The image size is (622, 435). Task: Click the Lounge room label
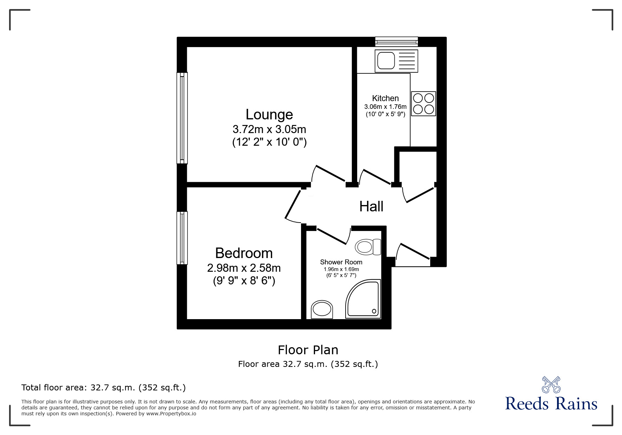coord(269,114)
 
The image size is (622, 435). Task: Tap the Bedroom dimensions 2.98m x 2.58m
coord(244,268)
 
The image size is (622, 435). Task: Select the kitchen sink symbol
coord(396,61)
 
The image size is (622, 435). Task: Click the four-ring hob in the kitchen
coord(423,104)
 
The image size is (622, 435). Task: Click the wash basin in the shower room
coord(322,309)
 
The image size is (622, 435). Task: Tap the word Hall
coord(371,206)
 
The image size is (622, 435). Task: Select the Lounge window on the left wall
coord(182,118)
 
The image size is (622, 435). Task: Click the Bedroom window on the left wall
coord(182,238)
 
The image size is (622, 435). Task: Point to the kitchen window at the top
coord(397,42)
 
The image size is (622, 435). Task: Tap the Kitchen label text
coord(385,98)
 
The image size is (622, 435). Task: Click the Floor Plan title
coord(308,350)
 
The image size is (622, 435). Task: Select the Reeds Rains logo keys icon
coord(551,384)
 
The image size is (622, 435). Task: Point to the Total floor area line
coord(104,388)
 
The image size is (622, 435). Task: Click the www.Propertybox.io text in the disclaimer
coord(171,414)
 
